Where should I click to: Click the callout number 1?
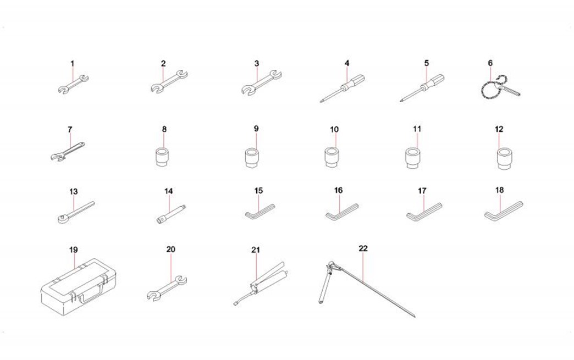pos(72,63)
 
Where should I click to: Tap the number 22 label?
pos(363,248)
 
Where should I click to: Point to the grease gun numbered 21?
pos(260,284)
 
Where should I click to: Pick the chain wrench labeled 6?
pos(499,90)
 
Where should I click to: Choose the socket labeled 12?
pos(504,158)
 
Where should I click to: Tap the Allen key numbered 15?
pos(259,212)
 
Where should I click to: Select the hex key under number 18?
pos(503,211)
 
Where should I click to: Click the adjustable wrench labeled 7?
pos(68,151)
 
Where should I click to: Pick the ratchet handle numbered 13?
pos(76,212)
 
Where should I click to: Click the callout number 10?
pos(334,130)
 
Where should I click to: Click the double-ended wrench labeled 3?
pos(261,82)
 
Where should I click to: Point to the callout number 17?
pos(422,191)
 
